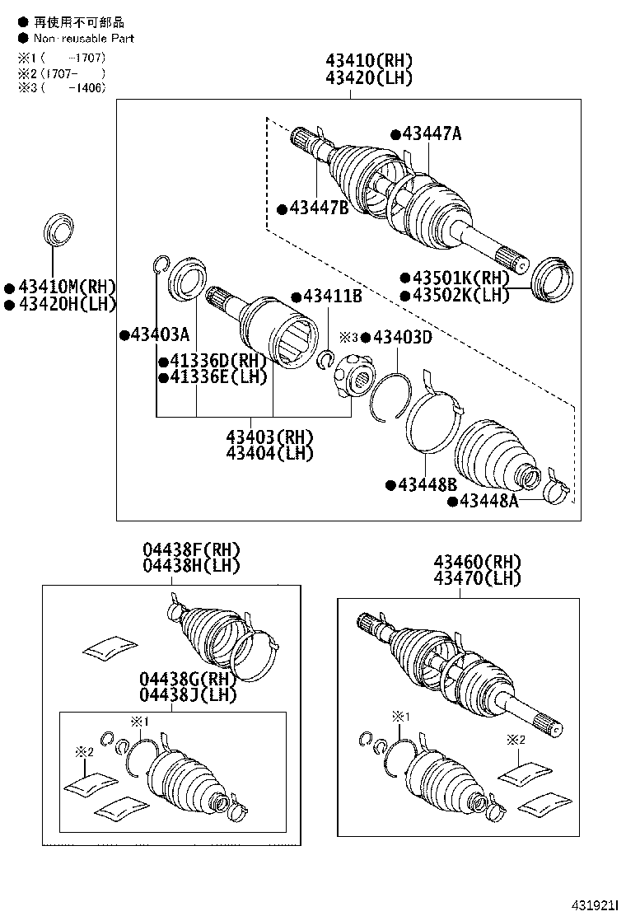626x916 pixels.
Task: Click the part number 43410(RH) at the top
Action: [x=369, y=61]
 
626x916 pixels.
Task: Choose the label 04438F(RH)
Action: [x=192, y=549]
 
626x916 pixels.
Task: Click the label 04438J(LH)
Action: [x=188, y=695]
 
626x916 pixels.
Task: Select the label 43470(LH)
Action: [x=477, y=578]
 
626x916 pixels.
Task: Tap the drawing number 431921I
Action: [x=594, y=905]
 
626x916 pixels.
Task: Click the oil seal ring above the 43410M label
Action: [x=59, y=229]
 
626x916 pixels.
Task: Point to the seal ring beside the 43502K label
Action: [x=553, y=280]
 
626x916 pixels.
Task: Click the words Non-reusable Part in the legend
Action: [x=83, y=39]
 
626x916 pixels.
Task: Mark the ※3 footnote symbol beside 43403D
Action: [x=348, y=337]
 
